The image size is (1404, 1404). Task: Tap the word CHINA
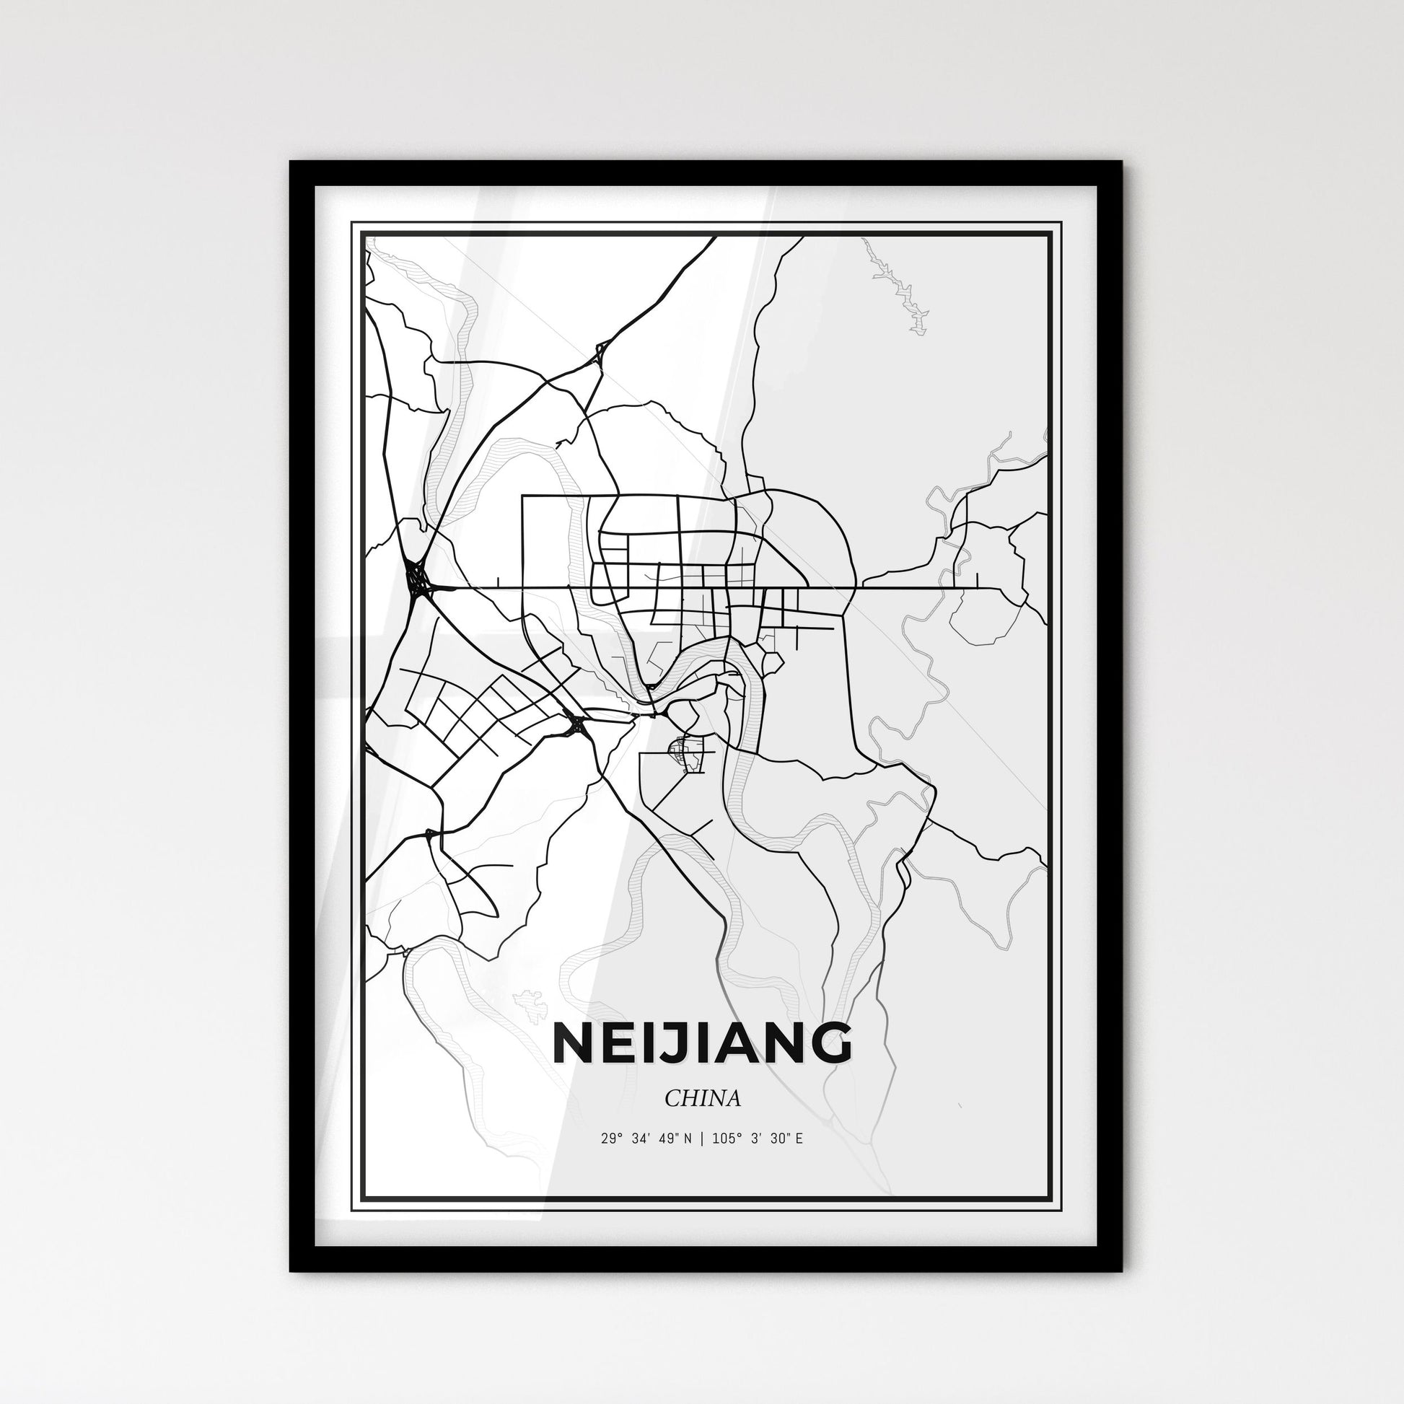coord(702,1098)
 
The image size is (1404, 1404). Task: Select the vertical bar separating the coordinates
coord(701,1138)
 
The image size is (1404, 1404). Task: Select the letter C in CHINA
coord(672,1098)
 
